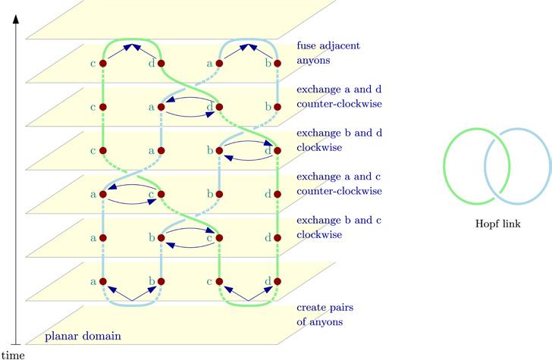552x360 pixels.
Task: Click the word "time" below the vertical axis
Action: (x=13, y=354)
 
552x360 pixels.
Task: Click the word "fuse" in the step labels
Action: (x=308, y=45)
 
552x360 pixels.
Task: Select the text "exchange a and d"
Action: (x=337, y=89)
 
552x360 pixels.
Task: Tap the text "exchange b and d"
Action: (x=337, y=133)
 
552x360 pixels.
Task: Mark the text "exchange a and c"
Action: (x=337, y=177)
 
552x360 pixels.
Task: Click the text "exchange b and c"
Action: (x=337, y=221)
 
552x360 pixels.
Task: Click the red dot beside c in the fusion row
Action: (x=102, y=64)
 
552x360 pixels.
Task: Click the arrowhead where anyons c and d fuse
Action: (x=133, y=46)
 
